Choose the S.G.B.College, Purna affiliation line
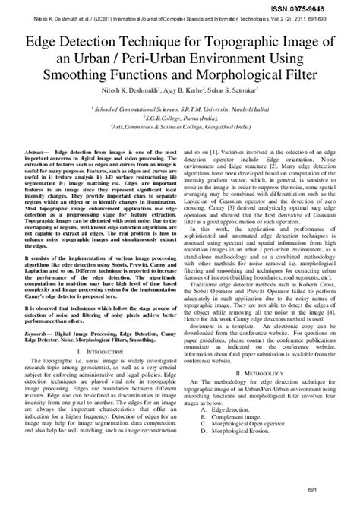pyautogui.click(x=181, y=119)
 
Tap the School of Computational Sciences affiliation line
pyautogui.click(x=181, y=109)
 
